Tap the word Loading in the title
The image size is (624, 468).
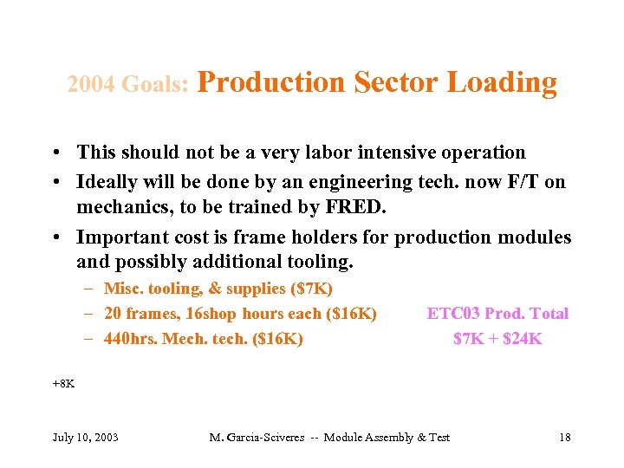[x=503, y=82]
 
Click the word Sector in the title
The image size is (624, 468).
[x=397, y=82]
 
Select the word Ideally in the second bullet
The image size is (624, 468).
[x=108, y=182]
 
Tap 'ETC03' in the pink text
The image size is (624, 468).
[x=452, y=314]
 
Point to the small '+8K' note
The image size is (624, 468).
[x=63, y=382]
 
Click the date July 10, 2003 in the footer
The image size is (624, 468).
[x=86, y=437]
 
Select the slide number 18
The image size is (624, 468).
[x=565, y=437]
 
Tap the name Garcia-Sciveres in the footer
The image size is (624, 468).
[x=264, y=437]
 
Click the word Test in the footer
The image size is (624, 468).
[x=439, y=437]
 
